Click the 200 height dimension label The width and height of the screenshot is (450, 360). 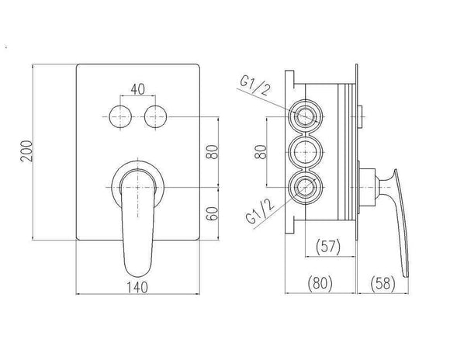pos(26,151)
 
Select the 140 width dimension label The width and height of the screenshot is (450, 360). pos(137,287)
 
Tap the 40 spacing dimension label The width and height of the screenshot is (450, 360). pos(138,89)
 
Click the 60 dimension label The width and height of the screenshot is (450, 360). pos(213,213)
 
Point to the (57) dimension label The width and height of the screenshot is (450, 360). pos(328,247)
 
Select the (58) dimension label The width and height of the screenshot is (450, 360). pos(382,283)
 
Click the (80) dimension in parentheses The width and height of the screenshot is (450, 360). pos(320,283)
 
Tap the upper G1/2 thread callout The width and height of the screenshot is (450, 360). pos(255,86)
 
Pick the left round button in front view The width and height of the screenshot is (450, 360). pos(120,117)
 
